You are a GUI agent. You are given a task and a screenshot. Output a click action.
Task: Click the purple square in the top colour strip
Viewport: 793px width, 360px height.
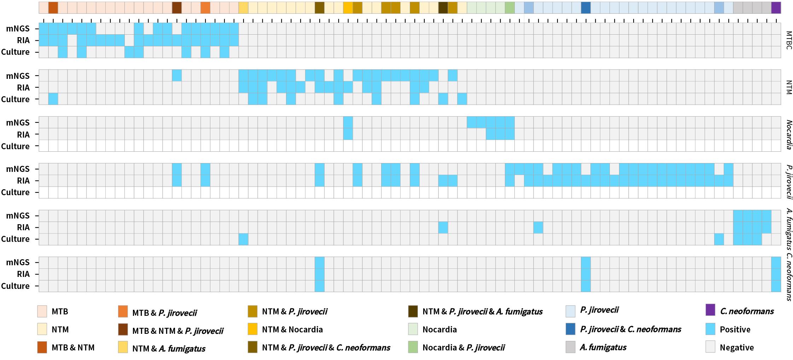[776, 8]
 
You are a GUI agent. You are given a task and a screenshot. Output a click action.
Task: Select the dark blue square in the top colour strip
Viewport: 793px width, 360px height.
[585, 8]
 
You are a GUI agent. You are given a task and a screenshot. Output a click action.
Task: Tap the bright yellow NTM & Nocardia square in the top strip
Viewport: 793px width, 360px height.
[348, 8]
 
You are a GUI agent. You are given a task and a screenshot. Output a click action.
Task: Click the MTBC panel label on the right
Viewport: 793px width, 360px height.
[789, 40]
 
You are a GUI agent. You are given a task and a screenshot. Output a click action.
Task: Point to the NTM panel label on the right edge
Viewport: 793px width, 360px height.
[789, 87]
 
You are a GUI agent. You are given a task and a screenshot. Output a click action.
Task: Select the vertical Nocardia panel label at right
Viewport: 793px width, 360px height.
[789, 134]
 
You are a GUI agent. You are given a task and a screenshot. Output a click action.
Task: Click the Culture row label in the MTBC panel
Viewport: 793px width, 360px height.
[15, 52]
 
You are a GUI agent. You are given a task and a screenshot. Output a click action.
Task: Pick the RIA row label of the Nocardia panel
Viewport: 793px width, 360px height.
[23, 135]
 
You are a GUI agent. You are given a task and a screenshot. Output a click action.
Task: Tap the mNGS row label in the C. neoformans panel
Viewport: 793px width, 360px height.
[18, 262]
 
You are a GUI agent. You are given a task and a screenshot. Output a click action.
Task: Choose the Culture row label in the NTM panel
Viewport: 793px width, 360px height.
[15, 99]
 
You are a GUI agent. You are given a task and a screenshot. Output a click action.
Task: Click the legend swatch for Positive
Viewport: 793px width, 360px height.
[710, 329]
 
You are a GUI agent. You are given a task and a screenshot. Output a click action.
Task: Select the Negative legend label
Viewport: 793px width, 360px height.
[736, 348]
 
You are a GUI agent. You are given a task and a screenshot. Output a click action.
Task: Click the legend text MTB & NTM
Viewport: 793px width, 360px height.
[73, 348]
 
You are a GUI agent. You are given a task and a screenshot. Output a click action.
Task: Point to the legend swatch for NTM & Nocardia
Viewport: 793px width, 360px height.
[252, 329]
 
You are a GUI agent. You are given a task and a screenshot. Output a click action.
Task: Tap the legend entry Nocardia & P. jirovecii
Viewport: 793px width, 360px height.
[463, 348]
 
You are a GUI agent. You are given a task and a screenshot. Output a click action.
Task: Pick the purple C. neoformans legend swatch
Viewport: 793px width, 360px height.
[710, 310]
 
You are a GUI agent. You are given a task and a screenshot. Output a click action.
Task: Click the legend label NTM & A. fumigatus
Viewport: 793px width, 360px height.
[169, 349]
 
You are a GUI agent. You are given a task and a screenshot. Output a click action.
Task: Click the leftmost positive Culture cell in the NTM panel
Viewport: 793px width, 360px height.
[53, 99]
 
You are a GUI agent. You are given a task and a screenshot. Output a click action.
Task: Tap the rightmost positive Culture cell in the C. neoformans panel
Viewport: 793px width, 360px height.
[776, 286]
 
